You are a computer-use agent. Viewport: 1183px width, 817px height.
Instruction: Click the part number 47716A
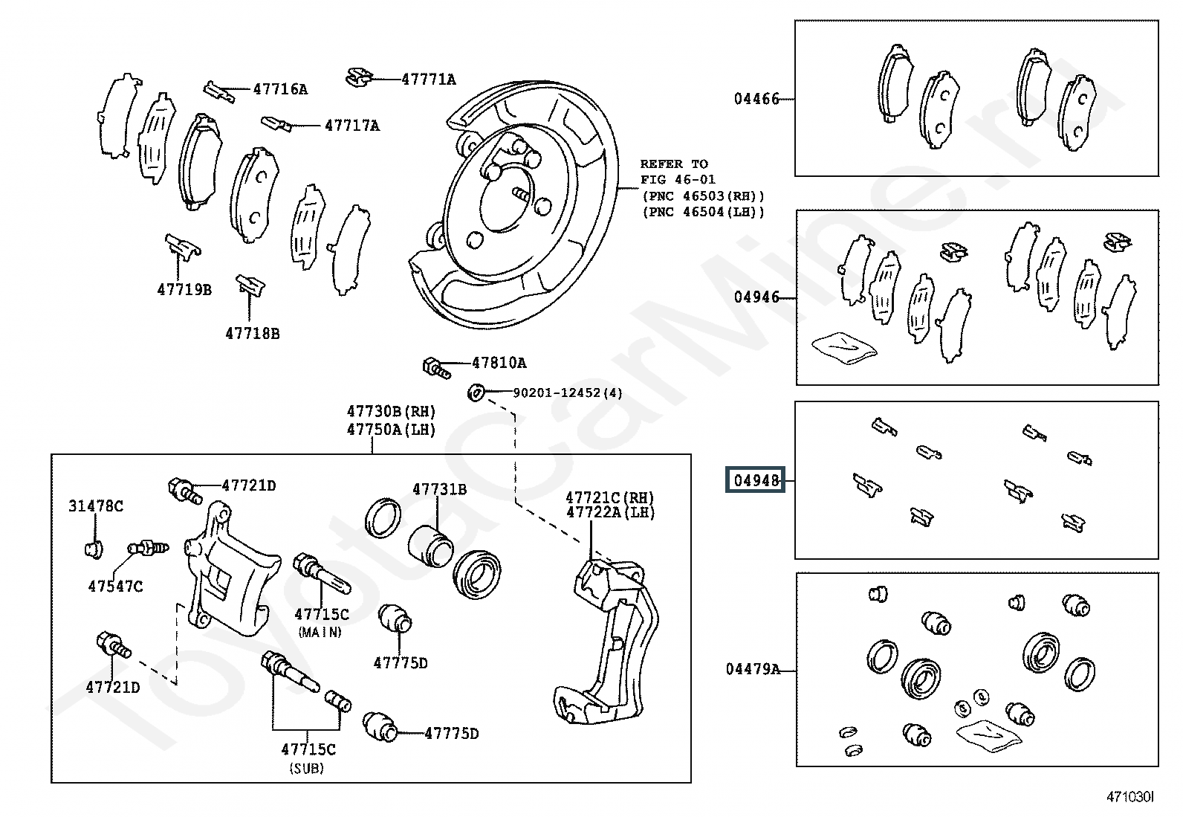280,88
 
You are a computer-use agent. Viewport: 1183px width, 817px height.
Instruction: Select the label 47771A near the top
428,80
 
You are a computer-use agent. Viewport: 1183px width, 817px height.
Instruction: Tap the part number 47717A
352,125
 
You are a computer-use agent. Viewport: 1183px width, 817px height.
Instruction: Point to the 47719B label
184,289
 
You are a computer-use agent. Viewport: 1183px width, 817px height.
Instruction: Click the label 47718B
253,334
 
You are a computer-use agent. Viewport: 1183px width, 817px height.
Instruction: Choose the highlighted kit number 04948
756,479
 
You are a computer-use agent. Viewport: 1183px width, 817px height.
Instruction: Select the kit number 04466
756,98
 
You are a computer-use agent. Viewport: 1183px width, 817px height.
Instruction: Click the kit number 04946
756,297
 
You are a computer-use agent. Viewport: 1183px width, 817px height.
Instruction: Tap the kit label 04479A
753,669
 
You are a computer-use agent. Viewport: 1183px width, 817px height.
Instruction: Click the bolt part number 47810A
499,363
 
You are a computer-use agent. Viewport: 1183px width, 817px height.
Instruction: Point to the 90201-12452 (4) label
568,393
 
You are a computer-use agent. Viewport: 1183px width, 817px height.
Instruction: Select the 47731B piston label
439,489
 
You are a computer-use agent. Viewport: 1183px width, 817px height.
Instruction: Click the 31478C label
96,506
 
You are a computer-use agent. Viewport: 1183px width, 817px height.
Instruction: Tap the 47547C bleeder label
115,586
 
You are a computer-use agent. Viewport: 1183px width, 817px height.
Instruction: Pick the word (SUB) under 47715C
306,768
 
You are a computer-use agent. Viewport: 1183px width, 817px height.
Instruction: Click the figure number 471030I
1130,796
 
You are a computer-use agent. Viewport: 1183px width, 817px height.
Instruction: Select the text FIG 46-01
678,180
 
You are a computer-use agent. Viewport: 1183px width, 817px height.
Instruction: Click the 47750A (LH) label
391,429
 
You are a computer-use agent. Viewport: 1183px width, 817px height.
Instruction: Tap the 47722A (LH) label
610,512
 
